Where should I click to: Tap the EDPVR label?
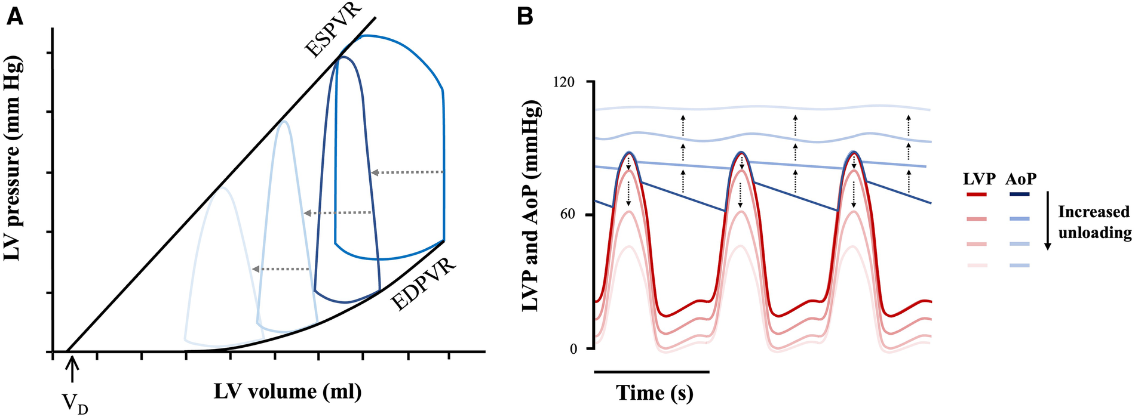(424, 284)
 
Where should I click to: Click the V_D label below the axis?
(75, 405)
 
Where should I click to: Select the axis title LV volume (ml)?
(287, 391)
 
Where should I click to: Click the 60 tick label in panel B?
(567, 215)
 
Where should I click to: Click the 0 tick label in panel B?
(573, 349)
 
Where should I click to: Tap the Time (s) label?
(655, 393)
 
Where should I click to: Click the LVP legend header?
(978, 178)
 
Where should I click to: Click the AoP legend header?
(1020, 178)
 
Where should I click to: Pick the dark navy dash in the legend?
(1020, 194)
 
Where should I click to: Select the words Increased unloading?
(1094, 222)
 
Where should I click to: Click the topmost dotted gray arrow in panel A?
(407, 172)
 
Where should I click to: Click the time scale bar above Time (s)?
(652, 372)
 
